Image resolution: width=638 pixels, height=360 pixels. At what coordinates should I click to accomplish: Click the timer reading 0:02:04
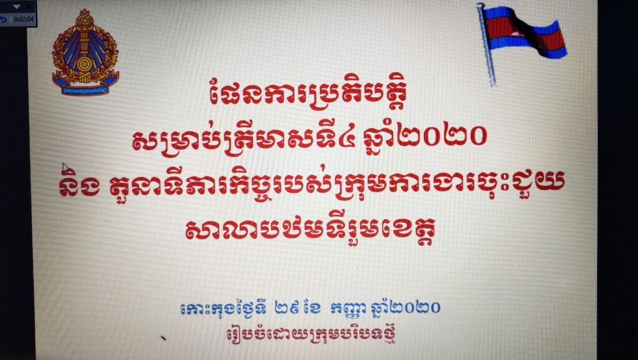pyautogui.click(x=23, y=19)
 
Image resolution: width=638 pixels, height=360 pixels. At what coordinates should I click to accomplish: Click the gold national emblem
pyautogui.click(x=85, y=52)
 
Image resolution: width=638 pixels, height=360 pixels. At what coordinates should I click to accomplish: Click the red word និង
pyautogui.click(x=79, y=187)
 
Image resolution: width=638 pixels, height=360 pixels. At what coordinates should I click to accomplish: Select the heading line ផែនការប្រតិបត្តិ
pyautogui.click(x=308, y=96)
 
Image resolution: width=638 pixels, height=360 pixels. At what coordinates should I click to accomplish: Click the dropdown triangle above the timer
pyautogui.click(x=16, y=7)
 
